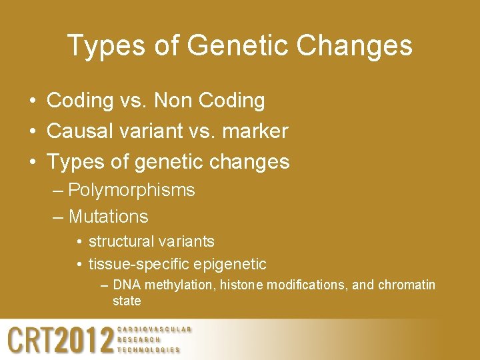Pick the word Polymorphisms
click(131, 190)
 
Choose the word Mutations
click(108, 217)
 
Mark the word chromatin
click(407, 285)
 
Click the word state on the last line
click(127, 301)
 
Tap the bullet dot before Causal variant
click(32, 132)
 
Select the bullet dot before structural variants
click(79, 241)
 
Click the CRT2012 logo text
click(61, 341)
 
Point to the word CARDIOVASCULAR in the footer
click(154, 329)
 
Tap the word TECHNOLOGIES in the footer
click(149, 350)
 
